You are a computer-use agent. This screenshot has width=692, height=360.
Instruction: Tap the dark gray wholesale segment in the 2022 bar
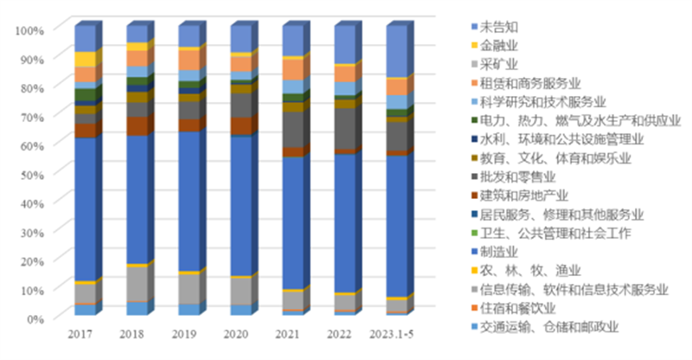(x=343, y=128)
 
